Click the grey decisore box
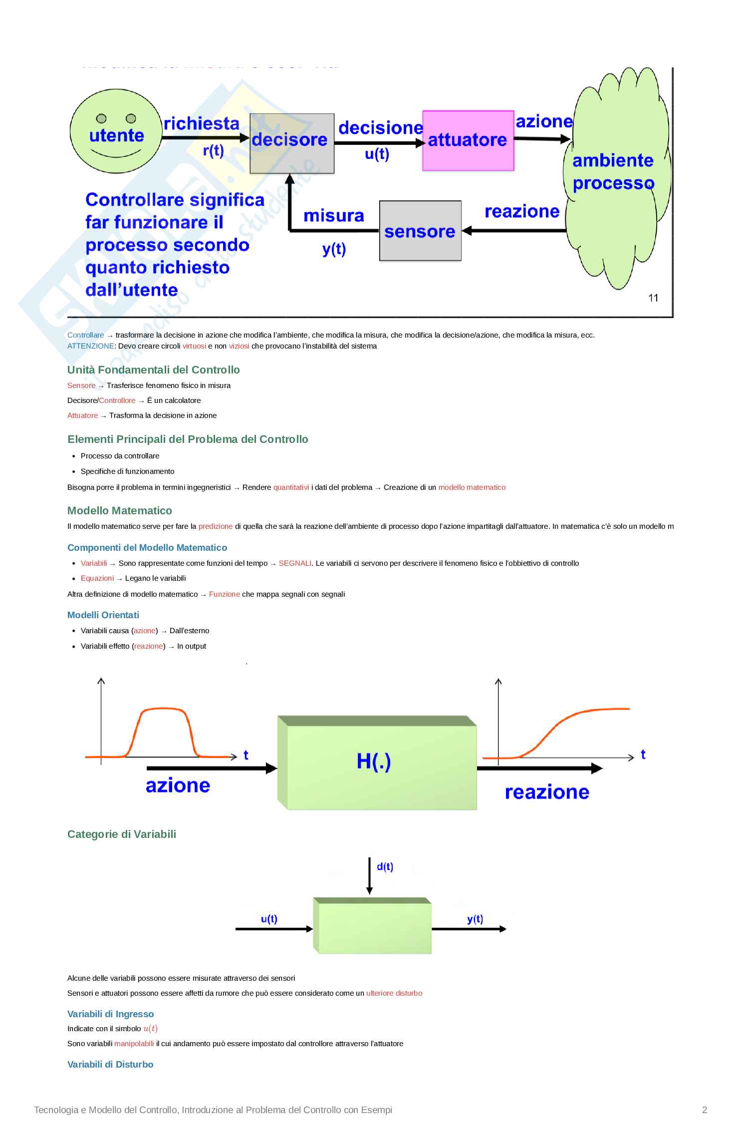point(291,143)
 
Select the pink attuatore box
point(468,141)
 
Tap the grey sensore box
point(420,231)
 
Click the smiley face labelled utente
point(116,131)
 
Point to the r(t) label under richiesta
point(213,150)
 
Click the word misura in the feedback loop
point(333,216)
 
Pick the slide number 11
point(653,298)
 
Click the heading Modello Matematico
point(119,510)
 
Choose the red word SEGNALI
point(295,563)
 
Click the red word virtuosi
point(194,346)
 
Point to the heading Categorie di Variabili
point(122,834)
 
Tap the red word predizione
point(216,526)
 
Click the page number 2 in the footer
point(704,1110)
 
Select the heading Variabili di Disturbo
point(110,1064)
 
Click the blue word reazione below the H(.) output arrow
point(547,792)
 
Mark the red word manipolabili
point(134,1044)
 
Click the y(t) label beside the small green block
point(475,919)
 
